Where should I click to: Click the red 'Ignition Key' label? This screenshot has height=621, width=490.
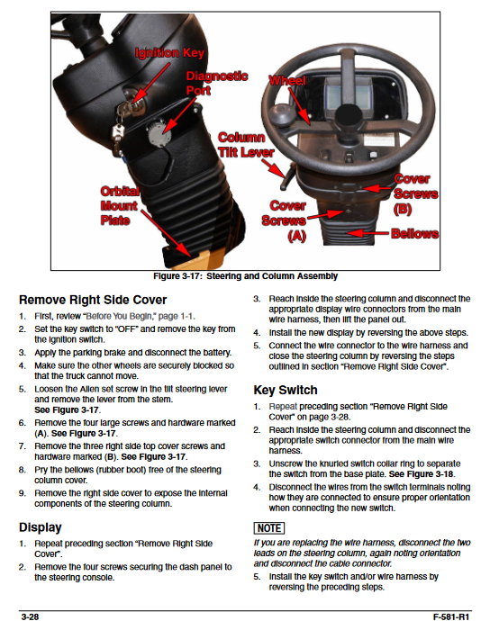[x=169, y=53]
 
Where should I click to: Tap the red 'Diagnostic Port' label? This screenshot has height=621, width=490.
[x=217, y=83]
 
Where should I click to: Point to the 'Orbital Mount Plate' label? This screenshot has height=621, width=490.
[x=119, y=205]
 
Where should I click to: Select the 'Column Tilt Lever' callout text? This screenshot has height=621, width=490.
[x=246, y=145]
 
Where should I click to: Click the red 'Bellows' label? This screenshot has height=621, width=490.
[x=414, y=233]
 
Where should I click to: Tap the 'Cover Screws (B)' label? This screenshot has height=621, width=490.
[x=416, y=193]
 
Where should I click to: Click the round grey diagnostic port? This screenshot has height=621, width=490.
[x=159, y=133]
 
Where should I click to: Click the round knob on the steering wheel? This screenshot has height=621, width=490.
[x=282, y=115]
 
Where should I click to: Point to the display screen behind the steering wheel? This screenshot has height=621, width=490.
[x=349, y=95]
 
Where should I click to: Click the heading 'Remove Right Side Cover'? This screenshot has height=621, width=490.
[x=93, y=300]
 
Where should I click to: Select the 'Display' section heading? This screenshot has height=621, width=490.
[x=41, y=527]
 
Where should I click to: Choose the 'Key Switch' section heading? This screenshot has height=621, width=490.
[x=286, y=390]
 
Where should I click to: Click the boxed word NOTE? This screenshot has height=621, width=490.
[x=269, y=528]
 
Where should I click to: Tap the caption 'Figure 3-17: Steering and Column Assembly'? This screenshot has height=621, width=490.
[x=245, y=276]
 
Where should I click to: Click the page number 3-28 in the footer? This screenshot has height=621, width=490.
[x=30, y=616]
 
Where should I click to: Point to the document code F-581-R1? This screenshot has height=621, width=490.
[x=450, y=616]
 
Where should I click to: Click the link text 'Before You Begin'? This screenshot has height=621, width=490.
[x=119, y=316]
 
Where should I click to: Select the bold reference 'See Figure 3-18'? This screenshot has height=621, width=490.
[x=421, y=474]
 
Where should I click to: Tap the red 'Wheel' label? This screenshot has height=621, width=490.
[x=287, y=80]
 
